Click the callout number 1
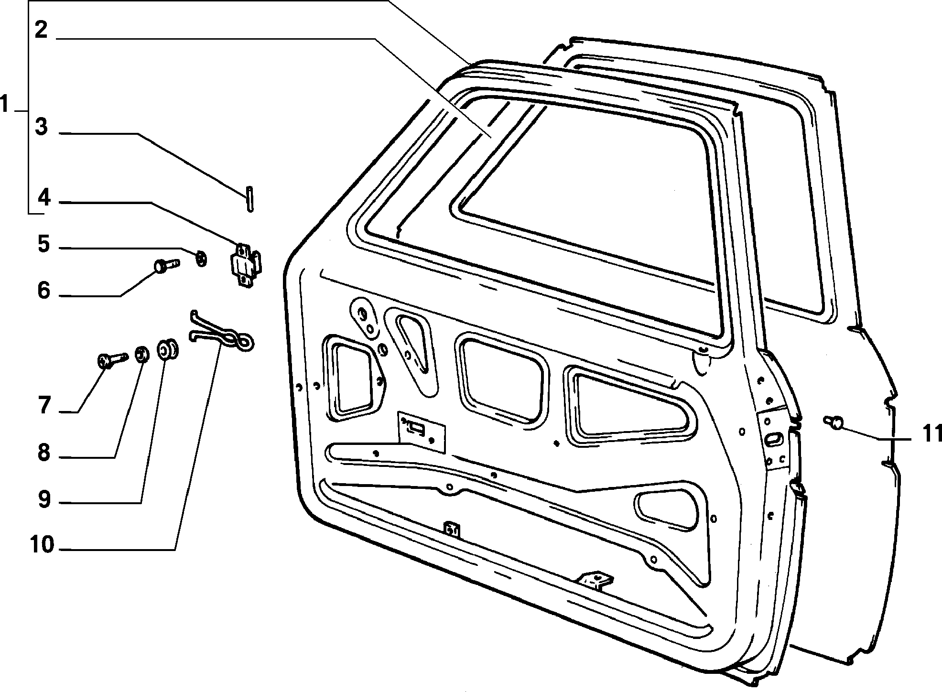(5, 104)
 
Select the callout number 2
(41, 30)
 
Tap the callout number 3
(42, 127)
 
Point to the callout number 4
(43, 197)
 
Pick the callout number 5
(43, 244)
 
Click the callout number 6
(44, 290)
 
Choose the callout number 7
(44, 406)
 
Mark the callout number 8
(44, 453)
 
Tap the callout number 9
(44, 499)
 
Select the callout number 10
(42, 544)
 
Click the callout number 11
(926, 434)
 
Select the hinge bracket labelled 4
(246, 266)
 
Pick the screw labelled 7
(113, 360)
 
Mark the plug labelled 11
(834, 422)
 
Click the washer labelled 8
(141, 355)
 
